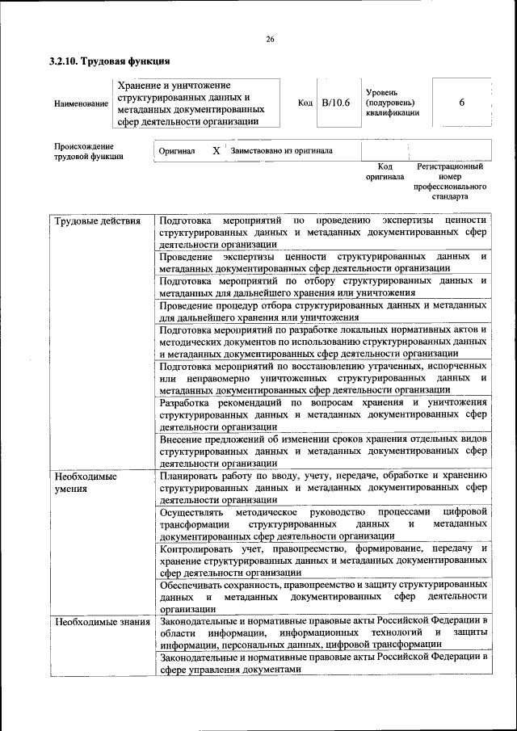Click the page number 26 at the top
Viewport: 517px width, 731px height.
coord(270,39)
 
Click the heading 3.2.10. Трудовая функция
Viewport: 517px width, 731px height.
coord(108,61)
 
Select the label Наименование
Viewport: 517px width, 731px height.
coord(80,104)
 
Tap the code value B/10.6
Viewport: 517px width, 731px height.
coord(335,103)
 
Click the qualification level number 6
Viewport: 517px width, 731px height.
coord(461,103)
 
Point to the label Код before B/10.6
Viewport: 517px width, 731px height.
coord(305,103)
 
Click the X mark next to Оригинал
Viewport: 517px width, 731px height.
coord(216,151)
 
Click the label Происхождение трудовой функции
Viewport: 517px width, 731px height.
coord(89,151)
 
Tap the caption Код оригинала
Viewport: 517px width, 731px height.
coord(385,171)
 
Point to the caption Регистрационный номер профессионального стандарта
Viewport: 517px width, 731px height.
coord(450,181)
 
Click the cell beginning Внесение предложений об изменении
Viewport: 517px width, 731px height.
coord(322,451)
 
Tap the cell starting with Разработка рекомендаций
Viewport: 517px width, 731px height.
coord(322,414)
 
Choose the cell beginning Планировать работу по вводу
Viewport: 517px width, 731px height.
coord(322,488)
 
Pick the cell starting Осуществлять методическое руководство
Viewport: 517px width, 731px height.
coord(322,524)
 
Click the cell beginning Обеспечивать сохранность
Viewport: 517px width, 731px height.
coord(322,596)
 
